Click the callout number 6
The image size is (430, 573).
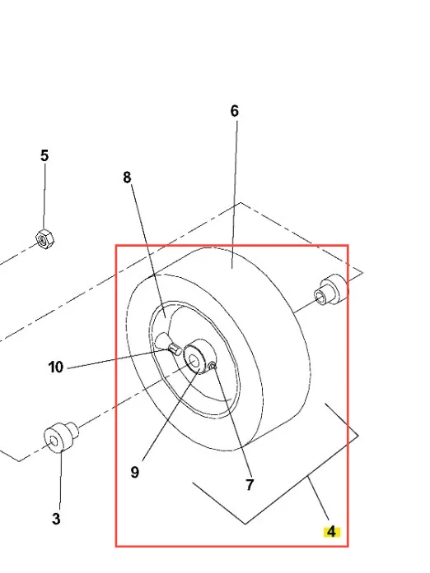coord(235,111)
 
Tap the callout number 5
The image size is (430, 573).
coord(44,155)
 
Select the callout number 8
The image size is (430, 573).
coord(127,178)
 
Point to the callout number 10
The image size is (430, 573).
coord(56,367)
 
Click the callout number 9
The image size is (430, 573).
coord(135,472)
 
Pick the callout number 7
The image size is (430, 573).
coord(250,485)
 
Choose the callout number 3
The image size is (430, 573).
coord(56,519)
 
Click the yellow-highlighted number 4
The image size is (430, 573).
coord(331,532)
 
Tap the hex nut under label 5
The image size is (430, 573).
coord(45,239)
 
